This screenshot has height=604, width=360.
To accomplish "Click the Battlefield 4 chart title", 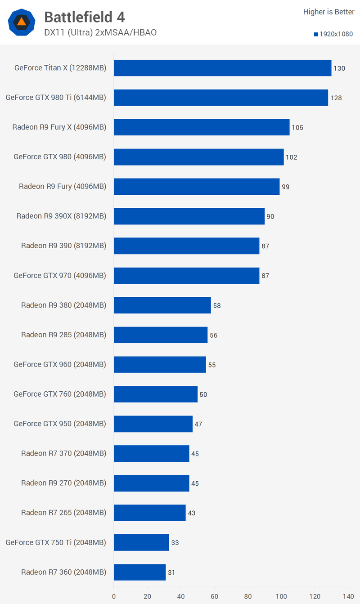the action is (x=85, y=17).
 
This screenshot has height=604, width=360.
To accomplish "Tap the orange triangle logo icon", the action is (x=22, y=22).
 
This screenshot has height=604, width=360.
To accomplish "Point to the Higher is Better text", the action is (x=328, y=12).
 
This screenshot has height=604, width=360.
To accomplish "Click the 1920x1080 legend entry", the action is (x=333, y=34).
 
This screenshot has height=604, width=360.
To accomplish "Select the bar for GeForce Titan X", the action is (x=223, y=68).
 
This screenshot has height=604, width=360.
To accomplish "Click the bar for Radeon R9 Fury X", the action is (x=202, y=127).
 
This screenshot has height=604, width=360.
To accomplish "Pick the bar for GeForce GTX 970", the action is (x=186, y=276).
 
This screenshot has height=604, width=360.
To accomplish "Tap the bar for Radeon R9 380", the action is (x=162, y=305).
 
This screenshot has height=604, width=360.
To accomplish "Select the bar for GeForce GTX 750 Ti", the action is (x=141, y=542).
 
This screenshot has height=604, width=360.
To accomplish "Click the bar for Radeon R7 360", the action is (x=140, y=572).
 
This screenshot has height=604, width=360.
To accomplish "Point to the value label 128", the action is (x=336, y=98).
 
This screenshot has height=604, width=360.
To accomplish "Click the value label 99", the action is (x=285, y=187).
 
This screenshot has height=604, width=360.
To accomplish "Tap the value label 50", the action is (x=203, y=394).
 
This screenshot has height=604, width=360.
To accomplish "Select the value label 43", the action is (x=192, y=513).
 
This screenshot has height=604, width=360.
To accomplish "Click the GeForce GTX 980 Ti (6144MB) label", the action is (x=56, y=97).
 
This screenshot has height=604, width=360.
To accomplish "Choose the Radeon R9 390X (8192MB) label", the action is (x=61, y=216).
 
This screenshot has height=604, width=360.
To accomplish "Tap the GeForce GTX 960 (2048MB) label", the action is (x=60, y=364).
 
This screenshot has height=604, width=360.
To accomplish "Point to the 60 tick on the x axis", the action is (x=214, y=596).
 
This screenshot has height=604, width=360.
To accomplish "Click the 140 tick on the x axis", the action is (x=348, y=596).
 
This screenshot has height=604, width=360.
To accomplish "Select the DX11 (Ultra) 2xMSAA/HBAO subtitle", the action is (x=100, y=32).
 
